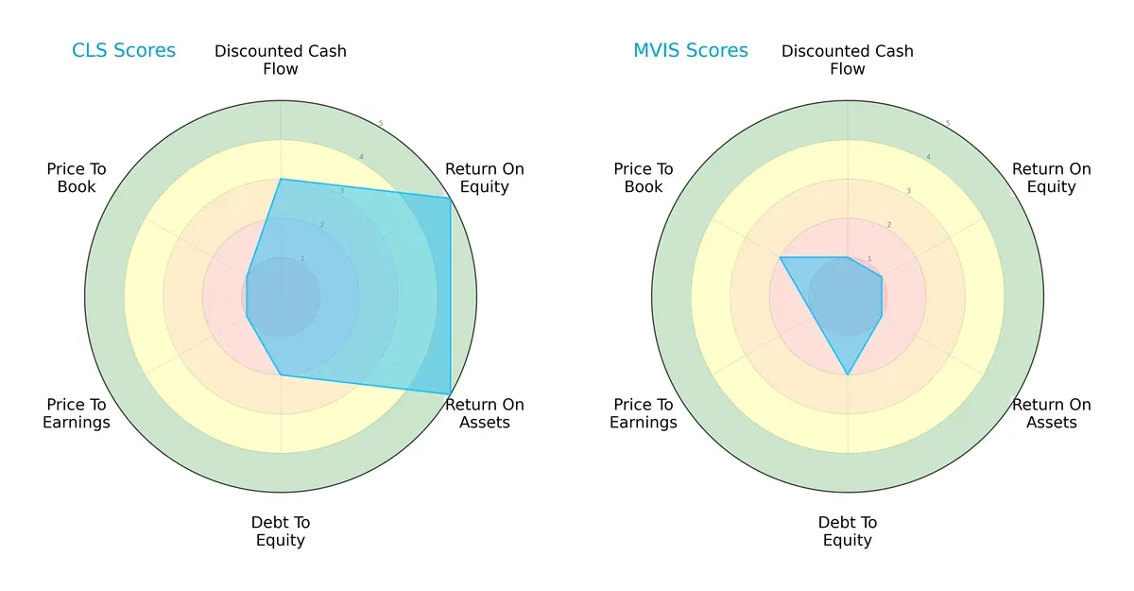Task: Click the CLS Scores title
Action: [124, 50]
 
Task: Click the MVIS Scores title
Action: [690, 50]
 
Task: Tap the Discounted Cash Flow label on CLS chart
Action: [281, 60]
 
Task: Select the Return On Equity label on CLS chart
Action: [485, 178]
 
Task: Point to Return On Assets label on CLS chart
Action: [485, 413]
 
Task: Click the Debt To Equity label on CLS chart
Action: [281, 531]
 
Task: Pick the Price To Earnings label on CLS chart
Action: [77, 413]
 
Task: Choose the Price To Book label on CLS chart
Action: [77, 178]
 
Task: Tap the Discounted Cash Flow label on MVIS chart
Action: [848, 60]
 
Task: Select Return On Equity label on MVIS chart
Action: [1052, 178]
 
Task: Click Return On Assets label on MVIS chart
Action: [1052, 413]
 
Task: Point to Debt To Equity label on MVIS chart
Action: [848, 531]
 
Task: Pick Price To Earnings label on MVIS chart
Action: [644, 413]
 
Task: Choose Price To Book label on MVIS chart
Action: [644, 178]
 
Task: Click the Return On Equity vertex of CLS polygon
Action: [450, 198]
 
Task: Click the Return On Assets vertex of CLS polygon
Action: [450, 393]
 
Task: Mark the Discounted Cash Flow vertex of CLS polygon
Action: [281, 179]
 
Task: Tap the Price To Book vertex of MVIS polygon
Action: [780, 257]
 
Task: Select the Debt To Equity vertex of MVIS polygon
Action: [848, 375]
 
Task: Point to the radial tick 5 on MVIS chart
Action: [948, 123]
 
